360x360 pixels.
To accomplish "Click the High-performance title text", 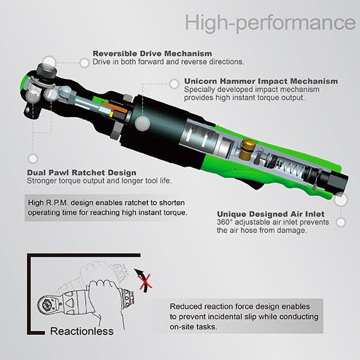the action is pos(270,22).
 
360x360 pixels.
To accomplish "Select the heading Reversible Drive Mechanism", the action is pos(153,54).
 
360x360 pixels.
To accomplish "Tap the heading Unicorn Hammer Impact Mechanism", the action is pos(261,81).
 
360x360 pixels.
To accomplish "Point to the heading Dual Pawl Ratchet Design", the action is pos(82,172).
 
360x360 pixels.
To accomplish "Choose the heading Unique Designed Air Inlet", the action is pos(270,214).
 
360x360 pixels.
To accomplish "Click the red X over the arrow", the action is pos(145,281).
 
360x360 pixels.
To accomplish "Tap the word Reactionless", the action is pos(82,331).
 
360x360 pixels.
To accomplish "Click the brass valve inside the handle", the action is pos(247,149).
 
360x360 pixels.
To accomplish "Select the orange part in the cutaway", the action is pos(115,108).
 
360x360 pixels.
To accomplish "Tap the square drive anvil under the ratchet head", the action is pos(31,111).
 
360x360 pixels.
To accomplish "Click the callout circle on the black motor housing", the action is pos(142,123).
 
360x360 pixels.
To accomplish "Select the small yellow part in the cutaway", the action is pos(111,115).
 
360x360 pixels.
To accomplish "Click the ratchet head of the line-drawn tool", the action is pos(48,304).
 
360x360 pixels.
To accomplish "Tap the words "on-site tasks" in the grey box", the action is pos(193,327).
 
